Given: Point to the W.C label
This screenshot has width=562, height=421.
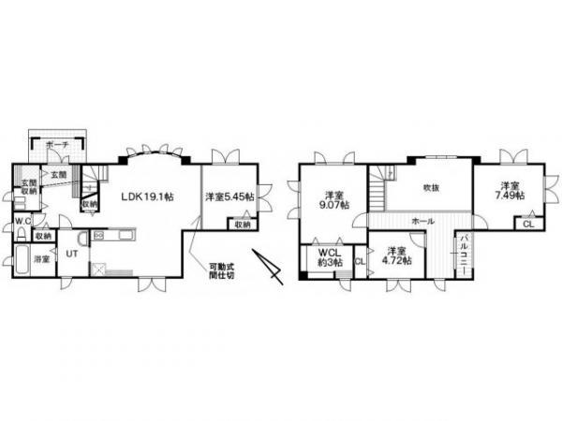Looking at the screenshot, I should pyautogui.click(x=22, y=222).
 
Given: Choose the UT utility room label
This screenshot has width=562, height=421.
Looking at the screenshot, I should pyautogui.click(x=71, y=253).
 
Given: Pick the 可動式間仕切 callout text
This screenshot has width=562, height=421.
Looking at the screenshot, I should pyautogui.click(x=223, y=271).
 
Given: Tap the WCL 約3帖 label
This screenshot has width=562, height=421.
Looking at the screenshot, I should pyautogui.click(x=328, y=258).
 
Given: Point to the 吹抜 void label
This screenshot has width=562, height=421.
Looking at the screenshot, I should pyautogui.click(x=430, y=187).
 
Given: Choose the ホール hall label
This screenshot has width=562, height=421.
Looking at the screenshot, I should pyautogui.click(x=420, y=222).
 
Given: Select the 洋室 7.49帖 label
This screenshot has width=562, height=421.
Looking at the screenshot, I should pyautogui.click(x=510, y=189).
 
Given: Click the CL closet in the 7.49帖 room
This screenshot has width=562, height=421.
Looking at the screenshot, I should pyautogui.click(x=528, y=225).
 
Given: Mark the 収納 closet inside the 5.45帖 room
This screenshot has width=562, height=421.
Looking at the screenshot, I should pyautogui.click(x=242, y=225).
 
